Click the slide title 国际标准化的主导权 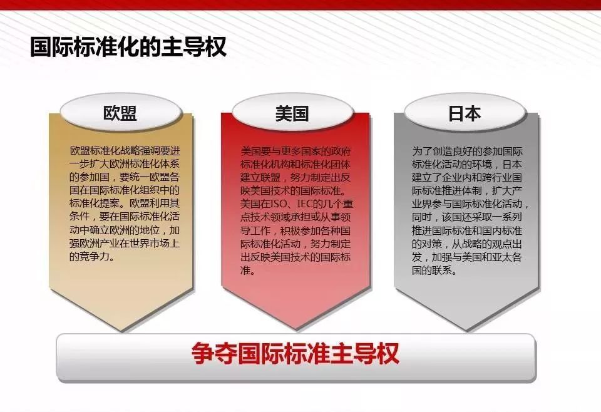(128, 47)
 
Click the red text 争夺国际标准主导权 (295, 353)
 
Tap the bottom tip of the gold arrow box (121, 331)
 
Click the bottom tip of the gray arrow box (466, 331)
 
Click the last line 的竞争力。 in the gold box (93, 256)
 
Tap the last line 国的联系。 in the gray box (434, 270)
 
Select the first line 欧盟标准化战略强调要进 (125, 151)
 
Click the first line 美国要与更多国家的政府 (295, 151)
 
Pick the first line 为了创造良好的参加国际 (467, 151)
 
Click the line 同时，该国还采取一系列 (467, 217)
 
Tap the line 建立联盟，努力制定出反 (295, 177)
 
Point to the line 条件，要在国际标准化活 (125, 217)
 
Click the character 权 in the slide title (215, 47)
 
